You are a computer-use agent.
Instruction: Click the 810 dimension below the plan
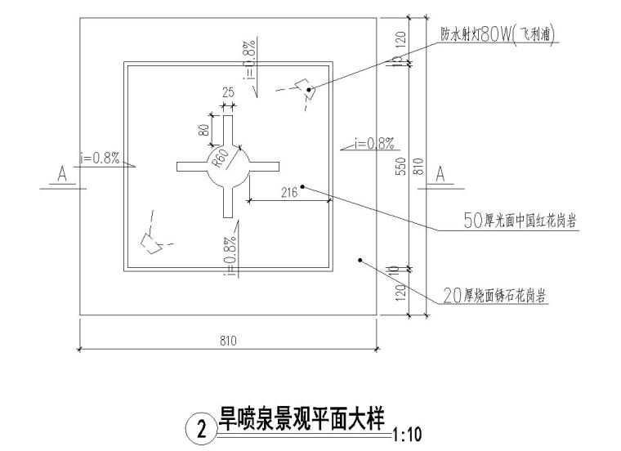[x=229, y=340]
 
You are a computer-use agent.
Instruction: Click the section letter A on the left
[x=61, y=174]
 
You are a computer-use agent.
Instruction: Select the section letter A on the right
[x=441, y=174]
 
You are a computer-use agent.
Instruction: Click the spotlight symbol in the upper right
[x=304, y=88]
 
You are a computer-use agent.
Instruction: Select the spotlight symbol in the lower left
[x=150, y=241]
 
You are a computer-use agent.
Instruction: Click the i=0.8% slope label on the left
[x=100, y=158]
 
